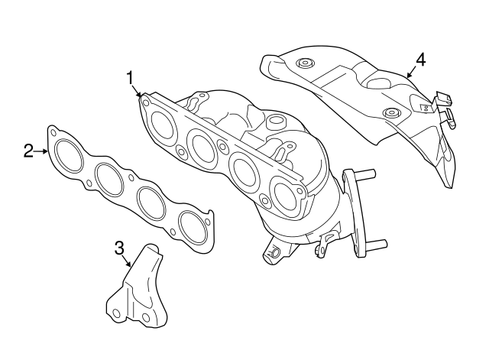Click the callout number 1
coord(131,77)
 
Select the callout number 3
coord(119,247)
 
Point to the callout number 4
coord(420,58)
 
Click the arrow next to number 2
coord(43,151)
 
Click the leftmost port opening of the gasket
coord(70,156)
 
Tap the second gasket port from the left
coord(111,179)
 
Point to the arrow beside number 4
coord(410,73)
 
